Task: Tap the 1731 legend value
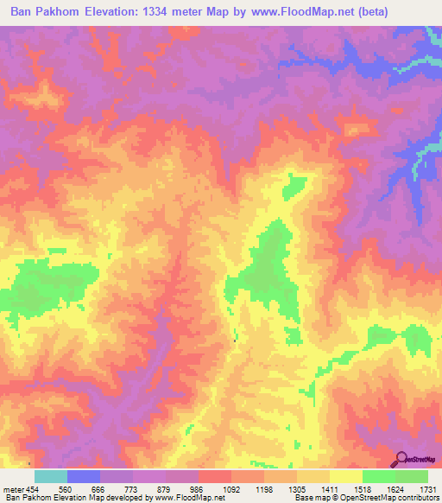point(426,488)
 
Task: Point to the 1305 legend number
point(296,488)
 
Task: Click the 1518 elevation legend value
point(362,488)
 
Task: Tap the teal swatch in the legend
point(51,476)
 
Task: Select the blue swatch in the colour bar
point(84,476)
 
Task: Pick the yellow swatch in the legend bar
point(346,476)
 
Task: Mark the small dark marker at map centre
point(234,340)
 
